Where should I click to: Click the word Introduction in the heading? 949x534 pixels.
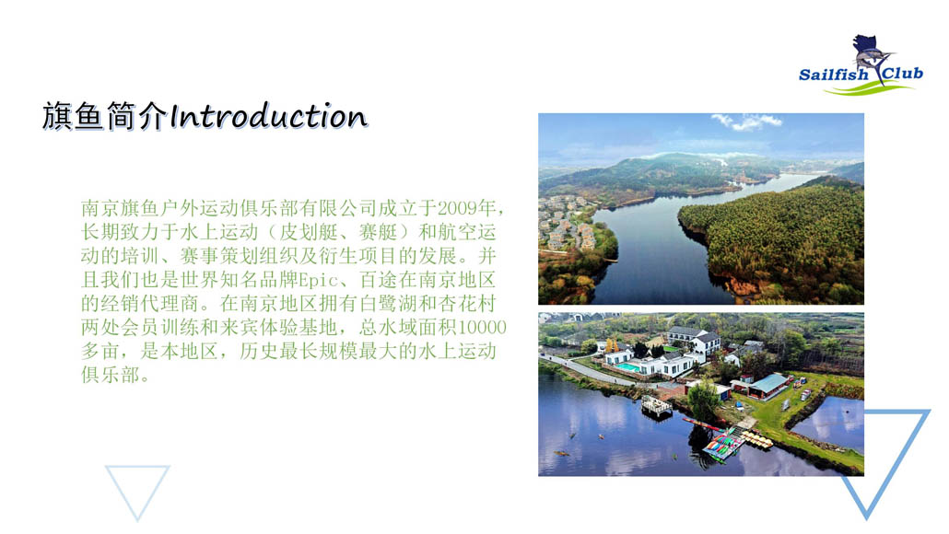pyautogui.click(x=268, y=117)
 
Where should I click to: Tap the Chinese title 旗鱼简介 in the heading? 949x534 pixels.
pyautogui.click(x=104, y=117)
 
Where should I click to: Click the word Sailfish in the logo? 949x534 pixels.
pyautogui.click(x=834, y=75)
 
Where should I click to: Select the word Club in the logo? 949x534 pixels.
pyautogui.click(x=902, y=74)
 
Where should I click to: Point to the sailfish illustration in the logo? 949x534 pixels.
pyautogui.click(x=873, y=57)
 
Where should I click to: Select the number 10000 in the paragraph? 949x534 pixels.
pyautogui.click(x=482, y=327)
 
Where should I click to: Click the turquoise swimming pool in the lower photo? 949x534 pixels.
pyautogui.click(x=627, y=367)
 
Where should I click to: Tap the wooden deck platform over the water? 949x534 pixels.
pyautogui.click(x=657, y=406)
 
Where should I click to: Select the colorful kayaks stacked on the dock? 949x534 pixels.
pyautogui.click(x=722, y=446)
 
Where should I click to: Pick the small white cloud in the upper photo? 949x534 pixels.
pyautogui.click(x=747, y=122)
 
